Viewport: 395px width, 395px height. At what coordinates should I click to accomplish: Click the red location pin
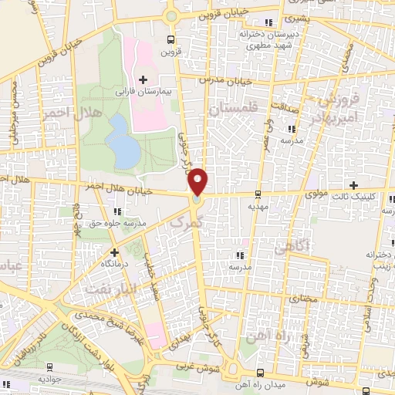(198, 182)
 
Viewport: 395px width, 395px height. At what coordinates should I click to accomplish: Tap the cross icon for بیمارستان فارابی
(143, 79)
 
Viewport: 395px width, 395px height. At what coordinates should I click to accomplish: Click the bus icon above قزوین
(170, 40)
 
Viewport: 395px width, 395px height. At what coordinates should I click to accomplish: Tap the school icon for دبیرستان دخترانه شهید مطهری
(268, 22)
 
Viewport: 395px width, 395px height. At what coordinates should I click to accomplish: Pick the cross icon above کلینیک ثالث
(353, 185)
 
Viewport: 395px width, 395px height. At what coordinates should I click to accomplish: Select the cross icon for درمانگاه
(114, 252)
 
